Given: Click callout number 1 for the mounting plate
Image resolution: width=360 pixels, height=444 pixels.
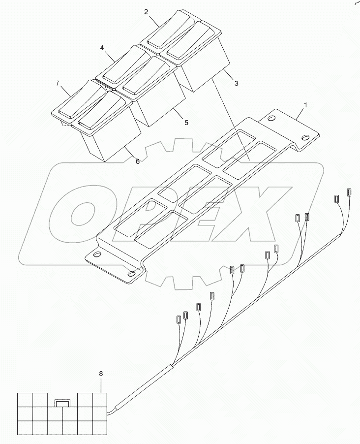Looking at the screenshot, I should tap(306, 105).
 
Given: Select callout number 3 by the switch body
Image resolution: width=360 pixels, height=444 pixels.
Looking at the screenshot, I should tap(236, 83).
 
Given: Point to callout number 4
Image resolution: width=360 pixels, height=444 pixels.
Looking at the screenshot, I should tap(102, 48).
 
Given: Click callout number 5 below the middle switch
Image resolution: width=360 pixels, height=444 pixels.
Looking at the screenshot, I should tap(186, 122).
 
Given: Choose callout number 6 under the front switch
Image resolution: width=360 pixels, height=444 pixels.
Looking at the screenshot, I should tap(137, 161).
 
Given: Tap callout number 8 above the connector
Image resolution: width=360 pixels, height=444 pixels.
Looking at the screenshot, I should tap(101, 374).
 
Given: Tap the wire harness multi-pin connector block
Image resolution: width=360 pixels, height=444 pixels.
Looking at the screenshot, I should tap(62, 413).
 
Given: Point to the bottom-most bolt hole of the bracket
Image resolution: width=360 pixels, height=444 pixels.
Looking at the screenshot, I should tap(131, 274).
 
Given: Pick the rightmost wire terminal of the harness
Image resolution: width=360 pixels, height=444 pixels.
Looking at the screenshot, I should tap(350, 192).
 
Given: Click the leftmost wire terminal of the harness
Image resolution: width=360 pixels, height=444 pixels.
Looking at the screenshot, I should tap(178, 319).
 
